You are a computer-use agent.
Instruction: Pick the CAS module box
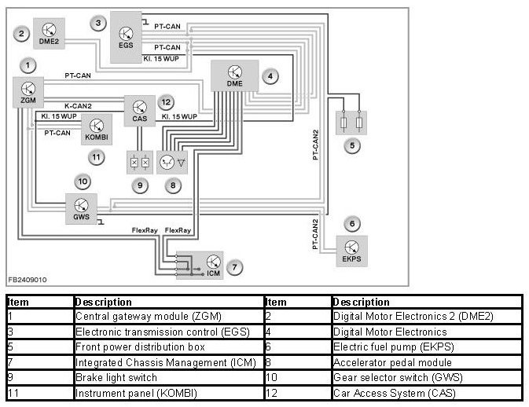pyautogui.click(x=140, y=109)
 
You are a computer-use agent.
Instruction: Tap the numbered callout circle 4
pyautogui.click(x=270, y=77)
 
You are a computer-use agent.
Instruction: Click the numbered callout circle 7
pyautogui.click(x=235, y=268)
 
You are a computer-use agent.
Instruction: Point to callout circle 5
pyautogui.click(x=353, y=145)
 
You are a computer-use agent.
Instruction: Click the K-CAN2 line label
pyautogui.click(x=79, y=105)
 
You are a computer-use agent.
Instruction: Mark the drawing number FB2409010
pyautogui.click(x=28, y=279)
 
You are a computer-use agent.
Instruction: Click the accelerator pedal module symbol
pyautogui.click(x=172, y=162)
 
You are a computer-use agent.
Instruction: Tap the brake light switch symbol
pyautogui.click(x=139, y=162)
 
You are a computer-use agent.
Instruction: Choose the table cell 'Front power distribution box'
pyautogui.click(x=128, y=346)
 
